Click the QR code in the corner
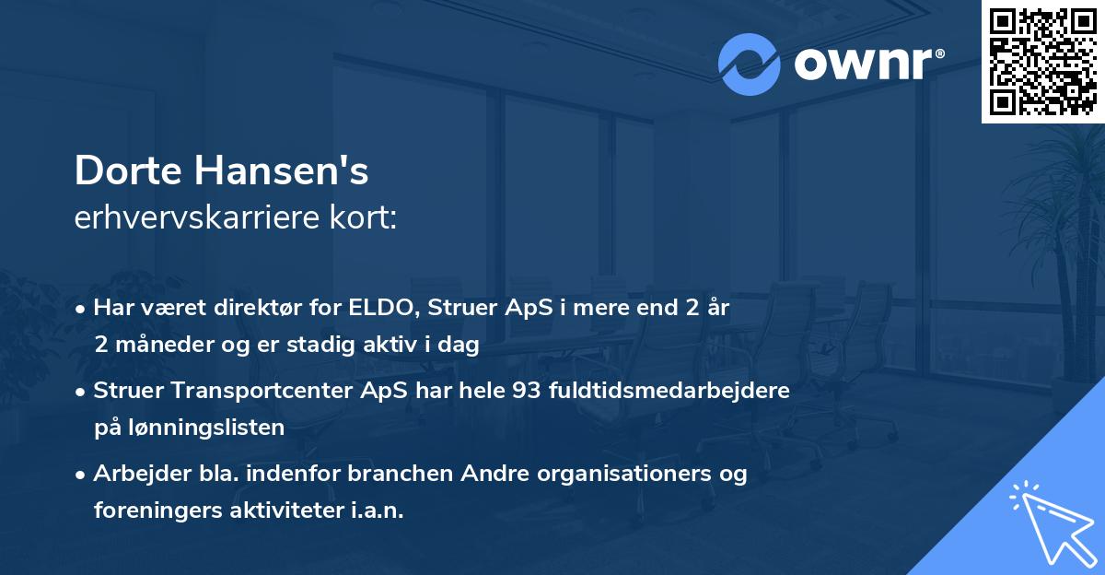click(1043, 62)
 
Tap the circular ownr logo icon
click(750, 65)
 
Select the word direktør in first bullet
click(254, 308)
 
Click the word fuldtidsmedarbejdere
click(669, 391)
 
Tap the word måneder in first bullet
click(158, 345)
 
